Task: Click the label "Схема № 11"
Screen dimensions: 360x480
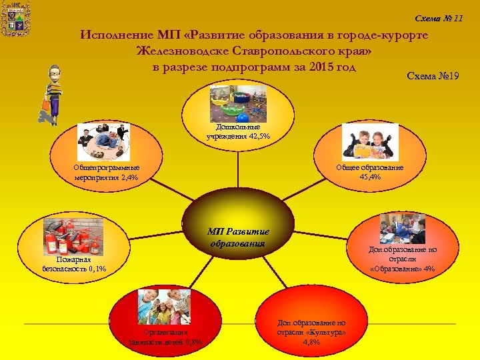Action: tap(439, 18)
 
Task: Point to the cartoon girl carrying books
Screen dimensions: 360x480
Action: tap(51, 94)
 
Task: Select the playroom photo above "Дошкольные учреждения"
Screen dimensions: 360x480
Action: tap(238, 103)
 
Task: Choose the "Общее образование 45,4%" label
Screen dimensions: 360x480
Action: tap(369, 172)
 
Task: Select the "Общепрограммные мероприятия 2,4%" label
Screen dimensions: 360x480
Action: tap(107, 173)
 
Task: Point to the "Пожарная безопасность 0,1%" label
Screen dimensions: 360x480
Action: tap(73, 264)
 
